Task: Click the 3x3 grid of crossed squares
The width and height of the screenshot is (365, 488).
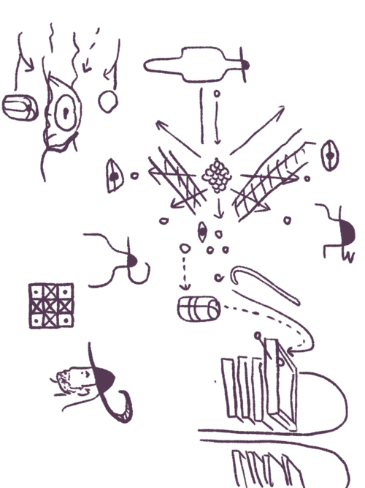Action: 51,305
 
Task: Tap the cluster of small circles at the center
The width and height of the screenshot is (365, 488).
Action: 216,175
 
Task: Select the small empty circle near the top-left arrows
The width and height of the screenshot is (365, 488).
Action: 108,100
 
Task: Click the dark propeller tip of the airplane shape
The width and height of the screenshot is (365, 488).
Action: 246,66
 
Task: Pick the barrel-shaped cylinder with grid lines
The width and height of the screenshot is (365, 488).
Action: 198,308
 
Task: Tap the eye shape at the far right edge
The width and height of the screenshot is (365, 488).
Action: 330,156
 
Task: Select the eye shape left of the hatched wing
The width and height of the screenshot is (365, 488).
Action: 115,176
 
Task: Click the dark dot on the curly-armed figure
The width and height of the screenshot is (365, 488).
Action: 131,260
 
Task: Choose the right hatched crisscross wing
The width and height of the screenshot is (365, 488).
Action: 268,179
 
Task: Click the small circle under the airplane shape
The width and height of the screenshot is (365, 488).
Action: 215,94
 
